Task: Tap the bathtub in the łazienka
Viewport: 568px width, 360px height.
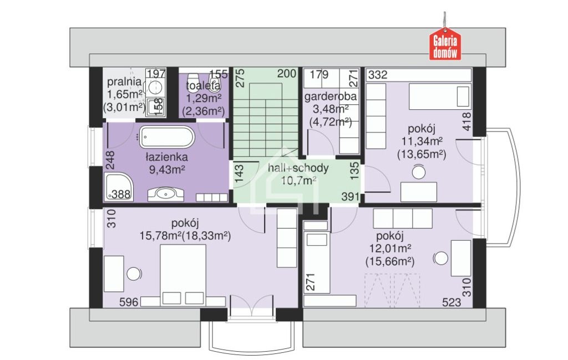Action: coord(168,137)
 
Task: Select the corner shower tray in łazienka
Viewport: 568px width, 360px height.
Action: coord(119,186)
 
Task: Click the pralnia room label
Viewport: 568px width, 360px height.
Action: coord(124,81)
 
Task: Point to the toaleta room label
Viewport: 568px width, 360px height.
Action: coord(203,86)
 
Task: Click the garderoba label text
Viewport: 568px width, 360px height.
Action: coord(331,97)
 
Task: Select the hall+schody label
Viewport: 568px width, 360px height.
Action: coord(298,168)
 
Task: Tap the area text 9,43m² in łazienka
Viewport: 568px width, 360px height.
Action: coord(168,169)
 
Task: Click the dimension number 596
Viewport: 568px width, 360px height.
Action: coord(129,302)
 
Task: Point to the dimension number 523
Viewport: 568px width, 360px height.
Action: coord(452,302)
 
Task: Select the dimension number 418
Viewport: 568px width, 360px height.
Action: coord(467,121)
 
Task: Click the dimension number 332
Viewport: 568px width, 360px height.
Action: coord(378,75)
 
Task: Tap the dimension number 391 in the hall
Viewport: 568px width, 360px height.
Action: coord(351,197)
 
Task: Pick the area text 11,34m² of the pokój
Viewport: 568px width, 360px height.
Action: coord(422,141)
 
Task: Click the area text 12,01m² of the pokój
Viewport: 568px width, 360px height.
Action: coord(390,249)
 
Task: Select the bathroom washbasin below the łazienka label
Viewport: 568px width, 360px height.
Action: coord(166,195)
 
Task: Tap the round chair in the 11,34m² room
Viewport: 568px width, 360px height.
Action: coord(419,171)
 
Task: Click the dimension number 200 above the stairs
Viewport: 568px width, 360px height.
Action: coord(287,74)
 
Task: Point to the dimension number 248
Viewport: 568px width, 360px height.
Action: coord(110,160)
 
